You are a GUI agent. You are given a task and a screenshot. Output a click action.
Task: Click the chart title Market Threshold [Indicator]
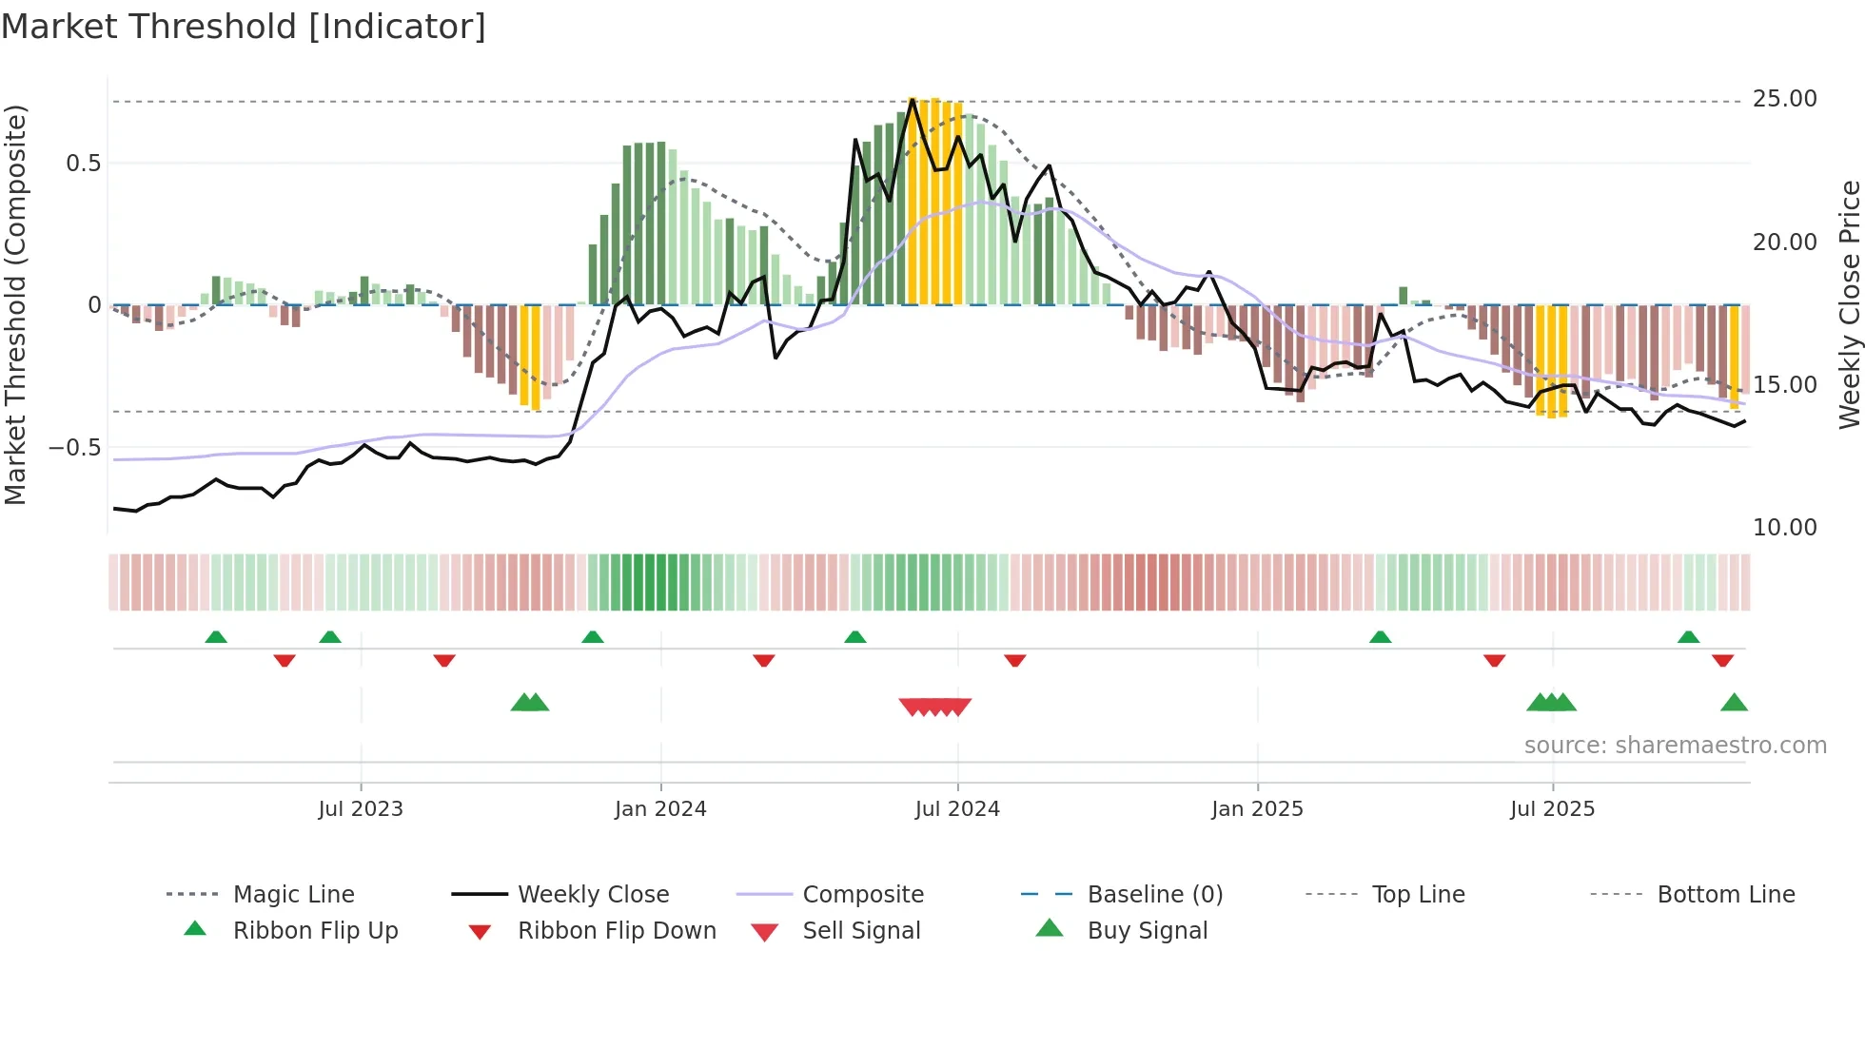click(244, 27)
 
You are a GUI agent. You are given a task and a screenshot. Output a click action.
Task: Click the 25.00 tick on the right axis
click(1784, 99)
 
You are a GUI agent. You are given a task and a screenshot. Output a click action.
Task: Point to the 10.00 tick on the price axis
click(1784, 528)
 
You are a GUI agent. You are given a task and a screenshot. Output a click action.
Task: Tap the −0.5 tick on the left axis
click(74, 448)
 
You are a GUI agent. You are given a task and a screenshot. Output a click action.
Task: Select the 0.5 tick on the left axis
click(83, 164)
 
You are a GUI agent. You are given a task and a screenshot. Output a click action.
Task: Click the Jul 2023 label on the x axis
click(361, 809)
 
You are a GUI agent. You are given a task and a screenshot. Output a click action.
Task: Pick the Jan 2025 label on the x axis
click(1257, 809)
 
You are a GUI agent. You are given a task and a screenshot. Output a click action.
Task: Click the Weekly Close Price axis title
click(1849, 304)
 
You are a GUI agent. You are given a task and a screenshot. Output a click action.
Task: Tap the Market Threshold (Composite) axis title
click(15, 304)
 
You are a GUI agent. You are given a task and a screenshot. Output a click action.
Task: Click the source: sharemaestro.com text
click(1675, 746)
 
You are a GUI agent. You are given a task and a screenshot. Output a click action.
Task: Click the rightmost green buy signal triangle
click(1734, 703)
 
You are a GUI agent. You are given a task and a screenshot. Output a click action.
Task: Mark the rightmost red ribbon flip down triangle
click(1722, 660)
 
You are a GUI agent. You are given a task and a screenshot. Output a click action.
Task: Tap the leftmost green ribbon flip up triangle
click(216, 637)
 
